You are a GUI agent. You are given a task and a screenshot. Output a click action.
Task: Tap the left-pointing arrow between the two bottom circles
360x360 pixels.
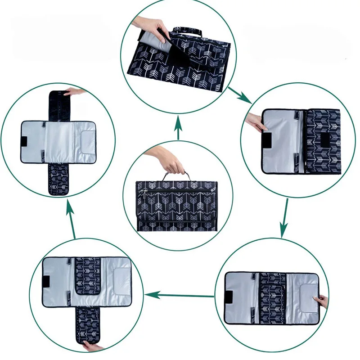(x=180, y=296)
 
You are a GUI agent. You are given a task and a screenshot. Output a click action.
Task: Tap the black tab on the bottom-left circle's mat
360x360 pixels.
(x=45, y=282)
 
